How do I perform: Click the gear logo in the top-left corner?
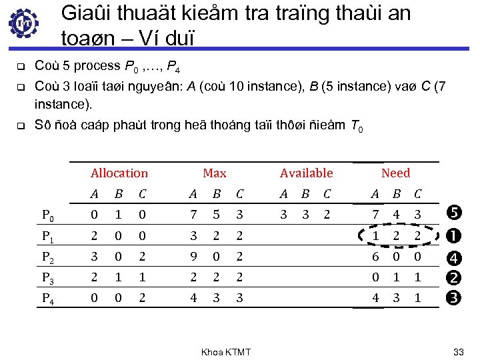pos(24,24)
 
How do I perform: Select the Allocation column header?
pos(119,173)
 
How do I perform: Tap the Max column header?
pos(214,173)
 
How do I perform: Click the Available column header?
pos(306,173)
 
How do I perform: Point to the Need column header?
pos(395,173)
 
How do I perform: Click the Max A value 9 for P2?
pos(193,257)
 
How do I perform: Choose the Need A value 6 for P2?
pos(376,257)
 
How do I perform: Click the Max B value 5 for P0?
pos(215,215)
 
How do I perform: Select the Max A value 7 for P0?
pos(193,215)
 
